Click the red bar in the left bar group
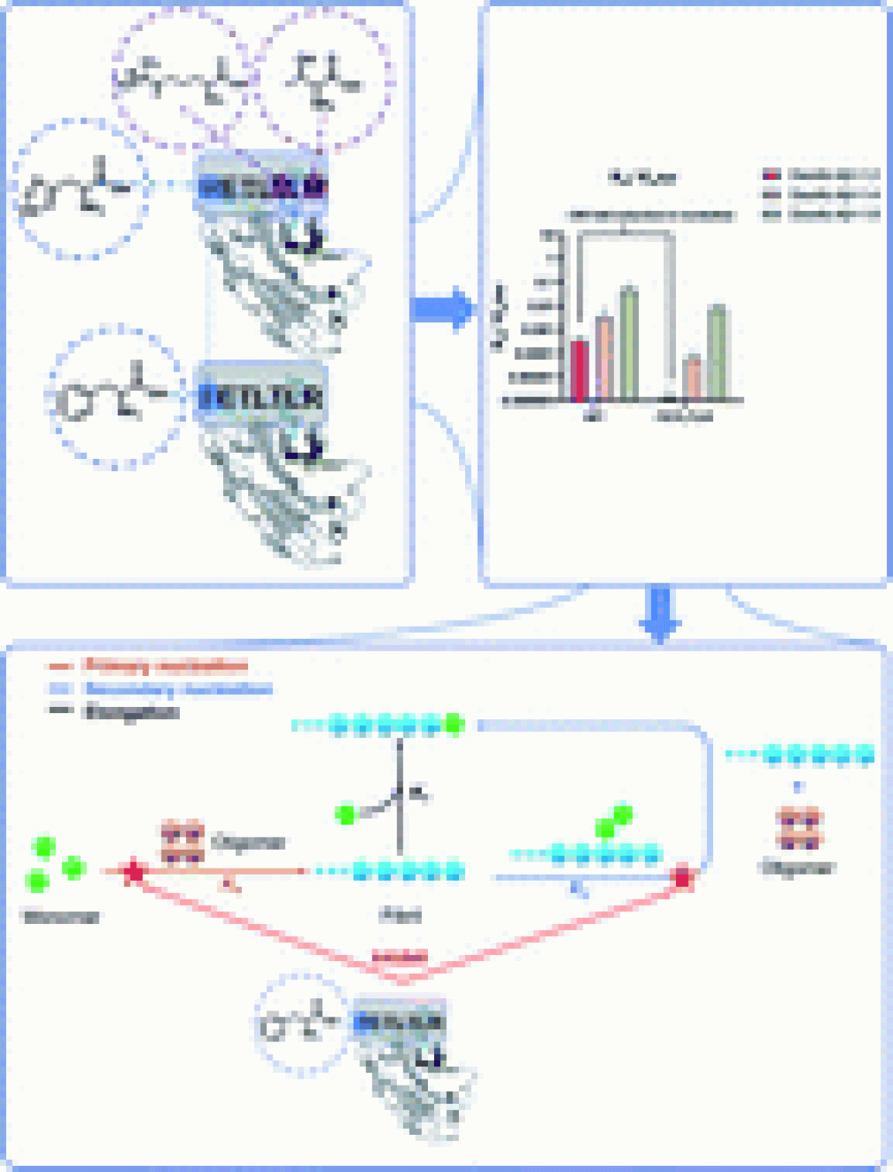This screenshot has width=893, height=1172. point(579,370)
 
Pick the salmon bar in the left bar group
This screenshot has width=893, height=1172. point(604,357)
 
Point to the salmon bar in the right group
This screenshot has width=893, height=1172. point(691,377)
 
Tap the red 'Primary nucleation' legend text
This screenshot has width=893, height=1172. point(164,667)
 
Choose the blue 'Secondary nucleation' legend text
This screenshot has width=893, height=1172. point(178,690)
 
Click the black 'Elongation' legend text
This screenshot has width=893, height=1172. point(131,712)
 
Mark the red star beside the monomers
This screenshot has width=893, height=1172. point(134,872)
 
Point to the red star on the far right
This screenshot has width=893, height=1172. point(682,878)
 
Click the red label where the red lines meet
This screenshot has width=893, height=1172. point(400,957)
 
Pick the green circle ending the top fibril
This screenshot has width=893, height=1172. point(454,725)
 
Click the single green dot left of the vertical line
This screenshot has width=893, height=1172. point(346,815)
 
